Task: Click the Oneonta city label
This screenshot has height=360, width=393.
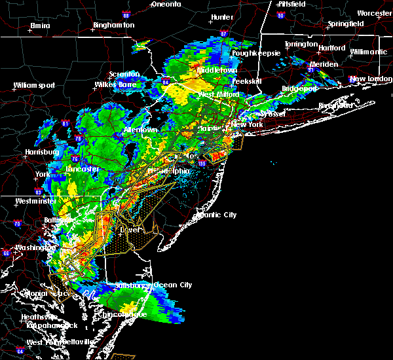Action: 165,4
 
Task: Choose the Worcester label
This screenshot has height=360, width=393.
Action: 374,13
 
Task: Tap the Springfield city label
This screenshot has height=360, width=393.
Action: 346,24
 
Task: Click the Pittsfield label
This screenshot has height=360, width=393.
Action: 288,4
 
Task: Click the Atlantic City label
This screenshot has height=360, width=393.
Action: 217,215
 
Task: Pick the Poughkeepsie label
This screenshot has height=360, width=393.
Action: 258,52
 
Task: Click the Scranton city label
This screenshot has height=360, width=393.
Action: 124,74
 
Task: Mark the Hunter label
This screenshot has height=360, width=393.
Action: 223,17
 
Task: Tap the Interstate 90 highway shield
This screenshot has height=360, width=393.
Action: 281,15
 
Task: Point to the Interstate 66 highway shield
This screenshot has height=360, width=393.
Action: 7,253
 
